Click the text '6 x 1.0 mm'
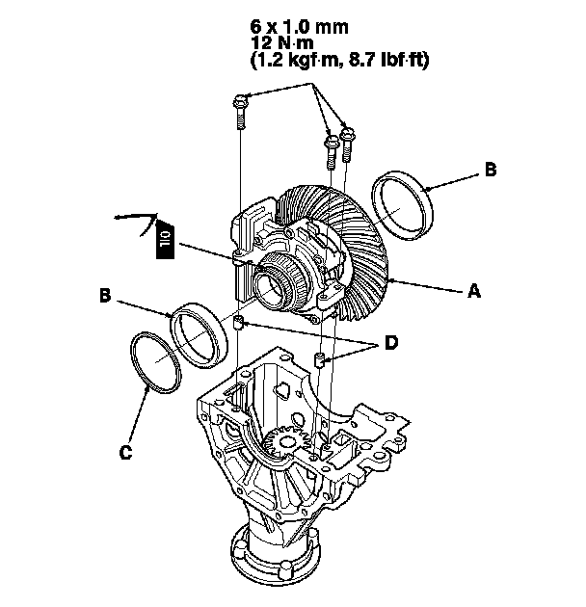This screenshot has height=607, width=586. tap(299, 27)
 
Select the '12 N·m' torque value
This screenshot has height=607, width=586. tap(282, 42)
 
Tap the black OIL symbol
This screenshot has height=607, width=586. tap(166, 238)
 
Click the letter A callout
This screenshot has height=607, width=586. tap(474, 290)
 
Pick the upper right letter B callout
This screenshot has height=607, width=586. tap(491, 170)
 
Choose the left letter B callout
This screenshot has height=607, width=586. tap(105, 295)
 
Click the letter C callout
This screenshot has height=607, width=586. tap(125, 452)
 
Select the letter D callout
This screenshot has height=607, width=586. tap(391, 343)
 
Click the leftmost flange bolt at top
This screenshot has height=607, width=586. tap(240, 112)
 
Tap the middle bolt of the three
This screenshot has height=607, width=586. tap(332, 152)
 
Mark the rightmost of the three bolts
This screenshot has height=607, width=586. tap(347, 145)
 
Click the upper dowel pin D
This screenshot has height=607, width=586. tap(239, 322)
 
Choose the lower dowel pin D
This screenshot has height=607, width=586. tap(318, 360)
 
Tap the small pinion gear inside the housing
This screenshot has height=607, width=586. tap(286, 442)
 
